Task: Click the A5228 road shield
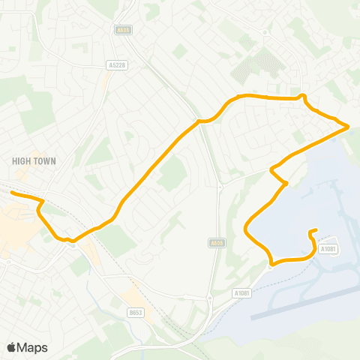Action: (117, 65)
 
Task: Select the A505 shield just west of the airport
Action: (216, 242)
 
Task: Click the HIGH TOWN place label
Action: (34, 160)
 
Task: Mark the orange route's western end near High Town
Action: (11, 193)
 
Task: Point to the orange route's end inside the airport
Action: (316, 230)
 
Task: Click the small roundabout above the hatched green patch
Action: (266, 32)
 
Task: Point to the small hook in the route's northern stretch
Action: (302, 96)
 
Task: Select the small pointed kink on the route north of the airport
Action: (285, 182)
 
